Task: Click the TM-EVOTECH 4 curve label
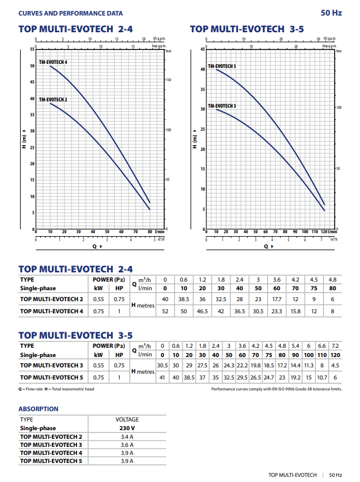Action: click(x=53, y=62)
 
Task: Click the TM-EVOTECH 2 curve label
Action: click(x=53, y=100)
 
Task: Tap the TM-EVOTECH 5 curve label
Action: click(x=222, y=66)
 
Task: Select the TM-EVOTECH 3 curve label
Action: click(x=222, y=106)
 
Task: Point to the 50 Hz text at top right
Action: click(x=332, y=13)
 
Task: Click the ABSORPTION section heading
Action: click(x=39, y=409)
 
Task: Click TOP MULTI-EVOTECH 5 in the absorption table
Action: click(x=51, y=461)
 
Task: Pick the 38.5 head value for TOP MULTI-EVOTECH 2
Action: click(x=184, y=299)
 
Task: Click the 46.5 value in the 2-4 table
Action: click(x=203, y=311)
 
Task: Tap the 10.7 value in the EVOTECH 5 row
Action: click(x=323, y=377)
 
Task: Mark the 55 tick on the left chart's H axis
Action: click(x=32, y=50)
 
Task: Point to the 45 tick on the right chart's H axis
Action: click(x=202, y=50)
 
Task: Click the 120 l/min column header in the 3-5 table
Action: click(x=335, y=355)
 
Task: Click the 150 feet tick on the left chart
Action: click(x=169, y=79)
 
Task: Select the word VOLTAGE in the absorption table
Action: click(x=127, y=419)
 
